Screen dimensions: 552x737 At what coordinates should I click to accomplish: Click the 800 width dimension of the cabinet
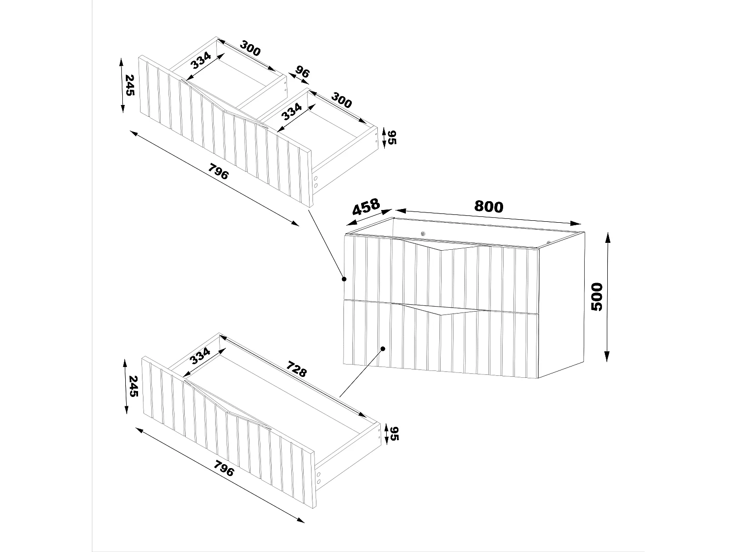click(488, 207)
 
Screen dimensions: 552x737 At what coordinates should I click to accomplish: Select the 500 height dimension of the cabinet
click(596, 296)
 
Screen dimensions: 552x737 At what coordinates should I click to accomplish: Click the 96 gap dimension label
click(302, 73)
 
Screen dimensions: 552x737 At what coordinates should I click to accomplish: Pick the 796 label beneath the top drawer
click(218, 173)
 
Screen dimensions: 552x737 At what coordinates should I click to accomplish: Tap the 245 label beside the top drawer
click(129, 85)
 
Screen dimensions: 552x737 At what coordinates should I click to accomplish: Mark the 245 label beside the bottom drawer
click(133, 386)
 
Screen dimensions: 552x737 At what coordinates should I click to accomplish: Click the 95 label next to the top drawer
click(391, 137)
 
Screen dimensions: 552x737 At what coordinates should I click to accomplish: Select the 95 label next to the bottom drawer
click(394, 433)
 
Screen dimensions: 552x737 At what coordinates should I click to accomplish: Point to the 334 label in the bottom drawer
click(200, 355)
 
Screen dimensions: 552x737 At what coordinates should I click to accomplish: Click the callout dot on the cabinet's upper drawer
click(344, 279)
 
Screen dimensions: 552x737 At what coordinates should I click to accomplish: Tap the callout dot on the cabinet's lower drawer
click(383, 349)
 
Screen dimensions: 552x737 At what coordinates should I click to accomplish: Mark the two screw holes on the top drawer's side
click(315, 182)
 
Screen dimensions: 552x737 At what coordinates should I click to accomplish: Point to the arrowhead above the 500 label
click(607, 237)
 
